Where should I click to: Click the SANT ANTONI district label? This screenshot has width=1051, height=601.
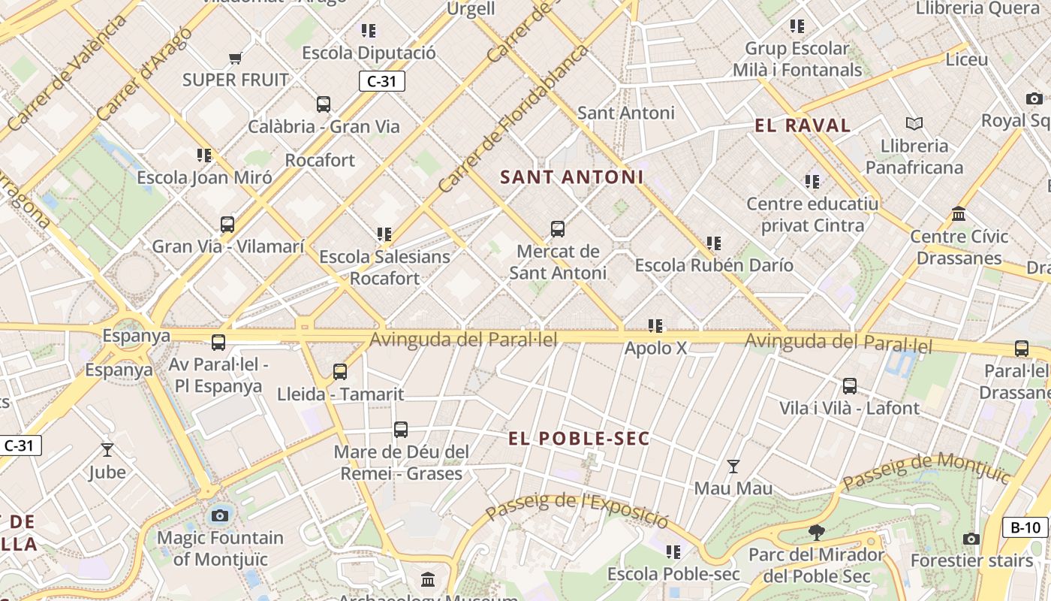point(571,177)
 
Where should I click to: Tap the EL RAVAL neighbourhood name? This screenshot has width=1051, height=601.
point(803,125)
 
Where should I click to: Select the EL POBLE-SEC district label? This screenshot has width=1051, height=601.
point(578,439)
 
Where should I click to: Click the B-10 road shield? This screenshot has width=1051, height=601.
point(1025,527)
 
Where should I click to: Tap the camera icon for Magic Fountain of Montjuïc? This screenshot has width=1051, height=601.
point(219,515)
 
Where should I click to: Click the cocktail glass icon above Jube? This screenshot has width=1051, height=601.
point(107,450)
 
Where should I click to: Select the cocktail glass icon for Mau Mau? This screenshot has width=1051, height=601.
point(733,466)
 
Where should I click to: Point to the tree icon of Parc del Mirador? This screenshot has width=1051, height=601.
point(816,533)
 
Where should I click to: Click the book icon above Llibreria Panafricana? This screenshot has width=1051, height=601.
point(914,123)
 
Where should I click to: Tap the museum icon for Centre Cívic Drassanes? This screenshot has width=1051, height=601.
point(959,214)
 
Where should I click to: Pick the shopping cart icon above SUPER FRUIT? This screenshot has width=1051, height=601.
point(235,58)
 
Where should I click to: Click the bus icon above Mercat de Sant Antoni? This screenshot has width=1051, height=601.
point(557,229)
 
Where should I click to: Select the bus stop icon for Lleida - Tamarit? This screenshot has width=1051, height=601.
point(340,371)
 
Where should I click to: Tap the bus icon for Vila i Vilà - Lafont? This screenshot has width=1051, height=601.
point(849,386)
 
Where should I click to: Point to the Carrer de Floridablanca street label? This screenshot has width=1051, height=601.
point(513,120)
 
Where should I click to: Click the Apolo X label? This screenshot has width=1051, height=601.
point(655,348)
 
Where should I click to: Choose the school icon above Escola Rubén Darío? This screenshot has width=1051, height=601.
point(713,243)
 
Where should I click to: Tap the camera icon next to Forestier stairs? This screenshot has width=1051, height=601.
point(971,539)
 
